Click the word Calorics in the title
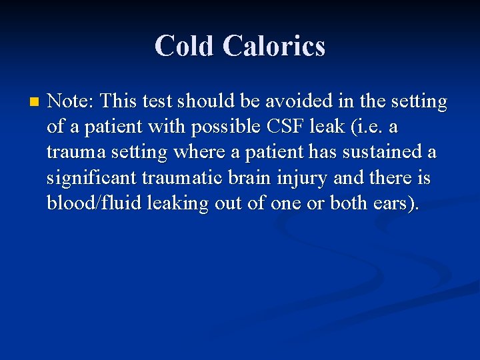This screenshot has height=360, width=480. pos(274,46)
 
